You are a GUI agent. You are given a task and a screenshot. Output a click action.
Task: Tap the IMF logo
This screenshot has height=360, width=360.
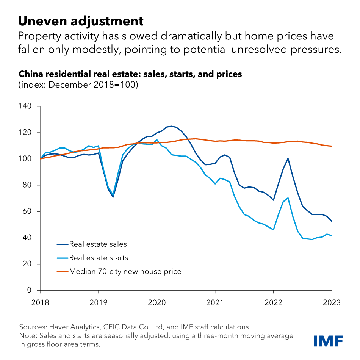328,341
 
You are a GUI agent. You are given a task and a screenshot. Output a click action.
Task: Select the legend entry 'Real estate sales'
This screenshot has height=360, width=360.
98,244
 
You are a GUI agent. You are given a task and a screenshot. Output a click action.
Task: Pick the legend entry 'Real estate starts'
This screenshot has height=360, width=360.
99,258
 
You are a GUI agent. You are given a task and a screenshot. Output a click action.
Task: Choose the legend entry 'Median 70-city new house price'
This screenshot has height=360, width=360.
125,271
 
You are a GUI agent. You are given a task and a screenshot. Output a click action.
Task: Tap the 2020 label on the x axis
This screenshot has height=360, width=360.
157,303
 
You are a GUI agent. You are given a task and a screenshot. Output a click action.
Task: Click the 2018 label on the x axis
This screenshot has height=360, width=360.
40,303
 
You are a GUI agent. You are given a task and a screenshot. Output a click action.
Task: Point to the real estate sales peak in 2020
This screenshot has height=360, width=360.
171,126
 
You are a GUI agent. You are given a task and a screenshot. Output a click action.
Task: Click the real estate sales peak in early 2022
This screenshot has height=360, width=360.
288,158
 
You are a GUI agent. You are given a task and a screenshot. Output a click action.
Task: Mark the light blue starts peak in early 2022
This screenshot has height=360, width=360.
288,198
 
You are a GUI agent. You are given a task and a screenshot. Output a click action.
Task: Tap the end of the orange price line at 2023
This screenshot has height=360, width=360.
332,146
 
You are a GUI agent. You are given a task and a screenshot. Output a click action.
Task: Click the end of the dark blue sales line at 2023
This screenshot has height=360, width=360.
332,221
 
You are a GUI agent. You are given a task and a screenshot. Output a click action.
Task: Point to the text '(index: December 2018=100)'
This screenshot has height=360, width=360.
78,85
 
